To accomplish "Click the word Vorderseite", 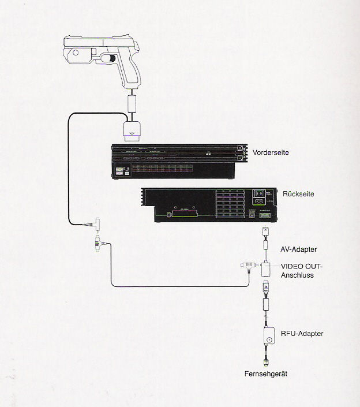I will pos(271,152).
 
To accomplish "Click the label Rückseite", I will pos(298,195).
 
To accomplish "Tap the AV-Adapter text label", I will pos(298,249).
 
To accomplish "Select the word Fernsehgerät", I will pos(266,374).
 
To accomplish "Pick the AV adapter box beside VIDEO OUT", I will pos(267,268).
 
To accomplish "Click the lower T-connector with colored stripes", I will pos(95,245).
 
